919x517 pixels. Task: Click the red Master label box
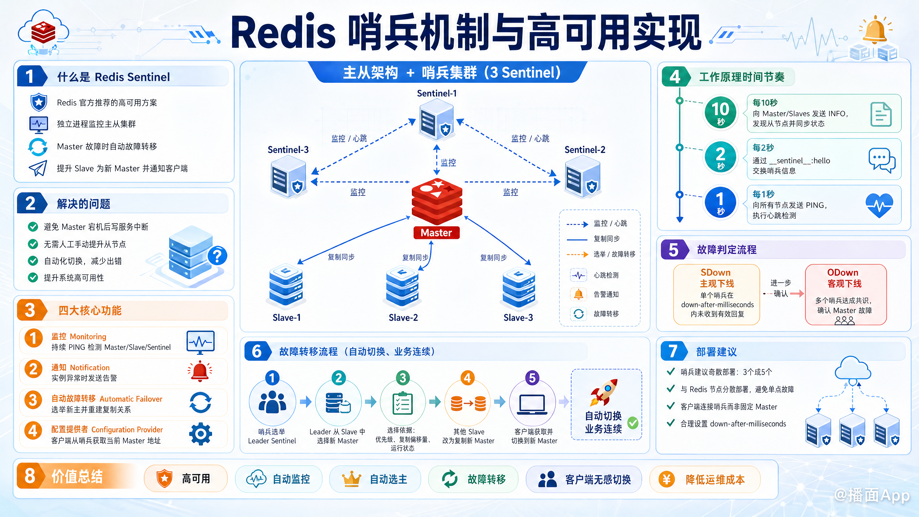[x=436, y=233]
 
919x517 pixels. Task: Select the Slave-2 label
[x=403, y=318]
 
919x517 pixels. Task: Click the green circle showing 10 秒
[x=720, y=112]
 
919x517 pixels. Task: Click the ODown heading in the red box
[x=843, y=273]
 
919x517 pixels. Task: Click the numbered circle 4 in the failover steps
[x=467, y=378]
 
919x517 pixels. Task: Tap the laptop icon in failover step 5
[x=532, y=404]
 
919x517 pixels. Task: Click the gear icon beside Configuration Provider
[x=201, y=434]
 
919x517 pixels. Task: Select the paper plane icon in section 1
[x=38, y=168]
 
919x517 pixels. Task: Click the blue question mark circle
[x=217, y=255]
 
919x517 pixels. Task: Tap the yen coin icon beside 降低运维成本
[x=666, y=479]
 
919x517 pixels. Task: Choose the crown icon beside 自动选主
[x=351, y=479]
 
